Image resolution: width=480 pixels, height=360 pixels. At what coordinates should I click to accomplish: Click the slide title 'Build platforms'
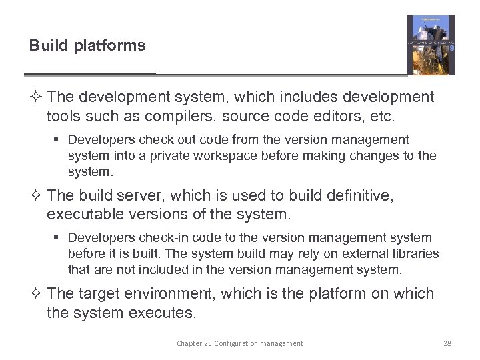coord(87,45)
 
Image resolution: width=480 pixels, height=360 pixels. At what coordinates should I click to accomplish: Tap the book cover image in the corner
coord(431,45)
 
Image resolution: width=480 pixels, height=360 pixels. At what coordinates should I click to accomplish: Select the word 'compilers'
coord(197,117)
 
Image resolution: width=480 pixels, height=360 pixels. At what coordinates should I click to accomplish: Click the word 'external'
coord(357,254)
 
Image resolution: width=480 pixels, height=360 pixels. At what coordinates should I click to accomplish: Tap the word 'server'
coord(139,195)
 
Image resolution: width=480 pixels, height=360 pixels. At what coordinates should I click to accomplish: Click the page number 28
coord(447,343)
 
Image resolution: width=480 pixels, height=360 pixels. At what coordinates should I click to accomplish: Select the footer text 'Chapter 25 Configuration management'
coord(239,343)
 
